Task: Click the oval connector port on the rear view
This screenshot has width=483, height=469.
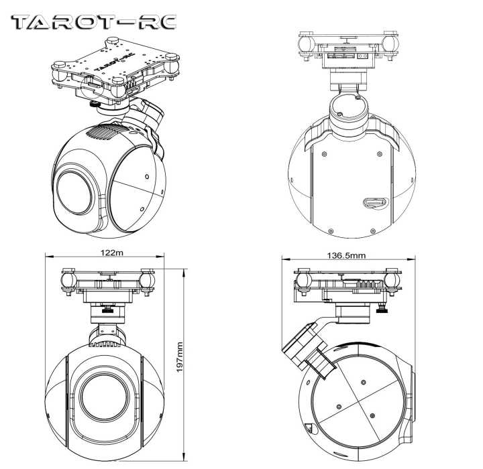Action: [371, 202]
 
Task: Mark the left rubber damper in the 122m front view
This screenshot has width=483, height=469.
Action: [68, 277]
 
